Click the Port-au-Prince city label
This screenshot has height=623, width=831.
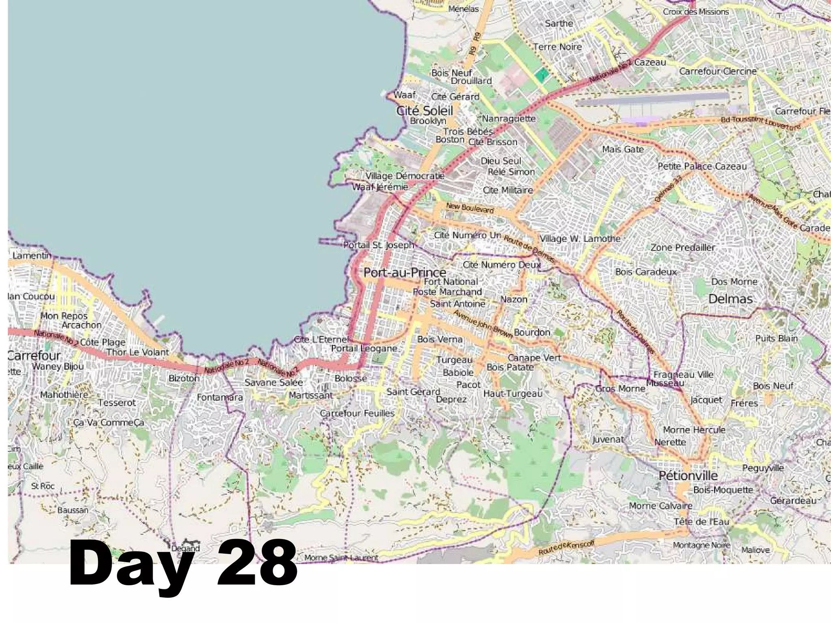[405, 272]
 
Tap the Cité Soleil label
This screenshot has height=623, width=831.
[424, 110]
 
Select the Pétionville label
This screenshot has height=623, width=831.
[688, 475]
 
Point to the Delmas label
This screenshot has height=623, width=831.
[730, 299]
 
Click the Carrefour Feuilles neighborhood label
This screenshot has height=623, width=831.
[357, 413]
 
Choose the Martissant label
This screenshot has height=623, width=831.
[311, 395]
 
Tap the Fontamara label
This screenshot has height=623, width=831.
[220, 397]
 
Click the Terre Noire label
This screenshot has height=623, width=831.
[558, 47]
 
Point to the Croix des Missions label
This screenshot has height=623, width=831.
[696, 12]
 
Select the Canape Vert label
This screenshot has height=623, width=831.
[534, 358]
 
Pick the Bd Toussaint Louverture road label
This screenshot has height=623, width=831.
[761, 123]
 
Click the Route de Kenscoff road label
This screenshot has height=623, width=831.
[566, 549]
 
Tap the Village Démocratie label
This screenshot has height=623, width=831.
[405, 176]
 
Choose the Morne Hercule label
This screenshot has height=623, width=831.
[694, 429]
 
